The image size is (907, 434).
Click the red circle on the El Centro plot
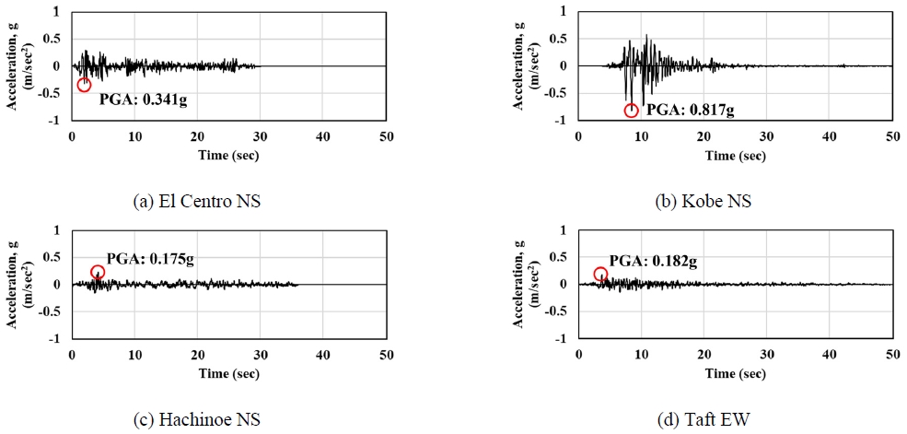coord(84,85)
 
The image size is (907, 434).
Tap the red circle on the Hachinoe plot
coord(98,272)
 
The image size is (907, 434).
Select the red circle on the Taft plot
coord(600,274)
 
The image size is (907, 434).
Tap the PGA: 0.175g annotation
coord(149,261)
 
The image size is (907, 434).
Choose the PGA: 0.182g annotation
coord(653,262)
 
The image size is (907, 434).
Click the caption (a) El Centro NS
coord(198,201)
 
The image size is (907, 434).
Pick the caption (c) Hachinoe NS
coord(198,419)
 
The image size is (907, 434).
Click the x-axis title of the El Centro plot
coord(228,155)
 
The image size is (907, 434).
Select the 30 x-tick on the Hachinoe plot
coord(261,355)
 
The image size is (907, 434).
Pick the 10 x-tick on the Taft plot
coord(642,355)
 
